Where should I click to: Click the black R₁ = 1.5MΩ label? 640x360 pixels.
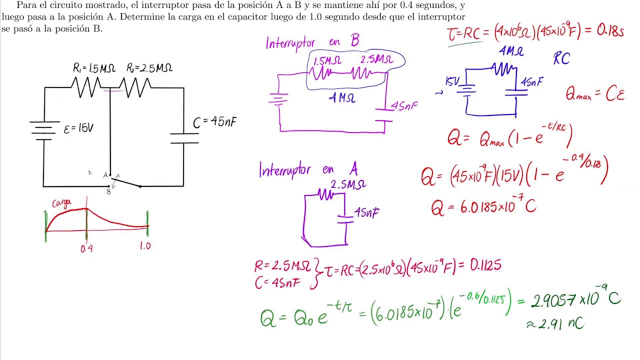click(x=94, y=68)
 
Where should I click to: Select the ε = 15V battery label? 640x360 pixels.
click(x=78, y=129)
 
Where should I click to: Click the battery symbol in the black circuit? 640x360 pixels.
click(x=43, y=130)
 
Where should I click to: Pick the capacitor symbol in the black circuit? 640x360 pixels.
click(x=184, y=138)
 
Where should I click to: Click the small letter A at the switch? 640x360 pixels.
click(x=105, y=175)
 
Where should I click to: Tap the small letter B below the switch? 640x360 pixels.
click(x=108, y=191)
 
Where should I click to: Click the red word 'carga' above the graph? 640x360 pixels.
click(x=61, y=203)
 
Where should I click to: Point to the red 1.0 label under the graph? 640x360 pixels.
click(x=145, y=246)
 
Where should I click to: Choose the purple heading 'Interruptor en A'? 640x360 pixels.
click(x=308, y=170)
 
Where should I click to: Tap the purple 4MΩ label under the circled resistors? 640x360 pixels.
click(x=342, y=98)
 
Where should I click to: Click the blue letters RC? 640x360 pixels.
click(x=561, y=59)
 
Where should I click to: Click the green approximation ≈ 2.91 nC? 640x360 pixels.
click(x=555, y=324)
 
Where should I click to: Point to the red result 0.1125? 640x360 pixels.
click(x=485, y=265)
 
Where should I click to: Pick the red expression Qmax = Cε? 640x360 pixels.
click(x=595, y=93)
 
